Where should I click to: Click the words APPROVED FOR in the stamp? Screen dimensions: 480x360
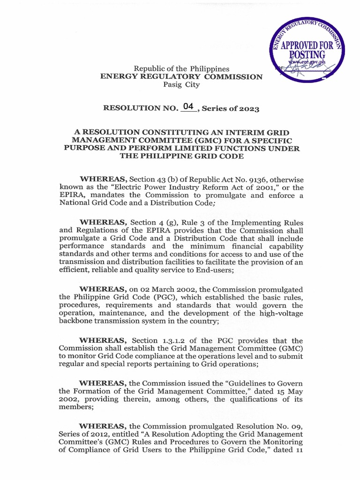tap(307, 46)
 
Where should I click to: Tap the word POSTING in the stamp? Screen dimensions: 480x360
tap(307, 56)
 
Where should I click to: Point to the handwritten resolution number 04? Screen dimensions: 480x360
tap(188, 106)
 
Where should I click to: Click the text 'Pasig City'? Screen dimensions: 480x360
tap(181, 85)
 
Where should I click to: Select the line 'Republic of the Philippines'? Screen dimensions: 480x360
tap(181, 68)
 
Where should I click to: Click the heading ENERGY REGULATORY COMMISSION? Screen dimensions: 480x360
tap(181, 76)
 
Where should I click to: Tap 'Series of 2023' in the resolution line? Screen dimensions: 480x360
tap(230, 108)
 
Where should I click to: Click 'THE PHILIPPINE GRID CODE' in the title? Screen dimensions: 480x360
tap(181, 157)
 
